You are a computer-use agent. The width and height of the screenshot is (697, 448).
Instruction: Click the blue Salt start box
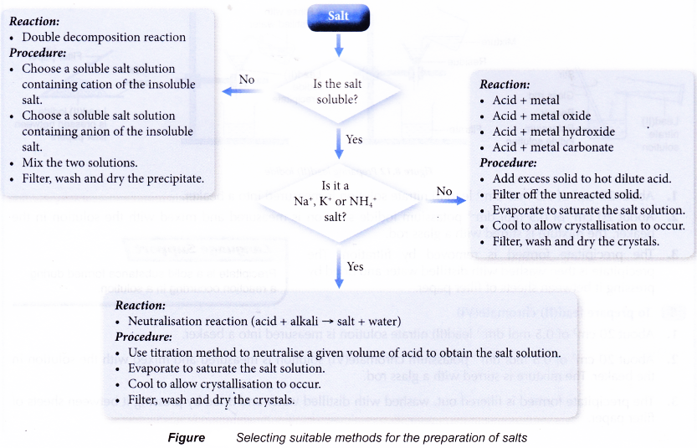[338, 15]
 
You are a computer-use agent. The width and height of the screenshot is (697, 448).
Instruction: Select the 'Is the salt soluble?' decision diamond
[339, 91]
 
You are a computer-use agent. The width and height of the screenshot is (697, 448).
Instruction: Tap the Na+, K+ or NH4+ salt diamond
[340, 202]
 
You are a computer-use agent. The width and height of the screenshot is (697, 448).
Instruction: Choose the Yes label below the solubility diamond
[354, 139]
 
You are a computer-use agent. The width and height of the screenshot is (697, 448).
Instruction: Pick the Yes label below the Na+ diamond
[354, 266]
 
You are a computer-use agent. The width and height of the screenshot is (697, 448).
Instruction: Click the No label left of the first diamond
[247, 80]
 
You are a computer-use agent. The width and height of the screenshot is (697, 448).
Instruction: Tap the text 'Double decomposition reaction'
[104, 37]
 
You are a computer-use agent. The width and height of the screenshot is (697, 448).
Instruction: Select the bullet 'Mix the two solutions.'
[79, 162]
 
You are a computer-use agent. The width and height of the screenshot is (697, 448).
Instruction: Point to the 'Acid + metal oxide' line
[541, 116]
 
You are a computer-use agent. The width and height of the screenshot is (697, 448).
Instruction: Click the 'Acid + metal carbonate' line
[552, 147]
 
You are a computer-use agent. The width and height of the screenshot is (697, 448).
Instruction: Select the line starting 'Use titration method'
[344, 353]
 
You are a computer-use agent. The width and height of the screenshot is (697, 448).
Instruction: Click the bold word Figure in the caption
[186, 437]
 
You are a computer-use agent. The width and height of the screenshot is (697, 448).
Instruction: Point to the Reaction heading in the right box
[505, 85]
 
